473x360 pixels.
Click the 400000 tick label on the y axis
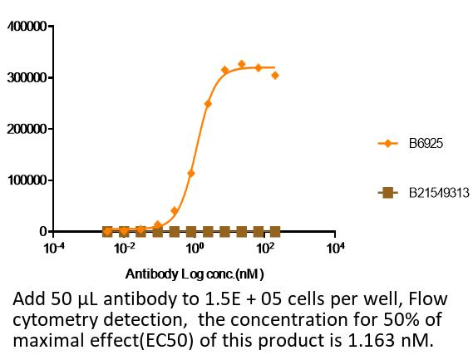[x=27, y=27]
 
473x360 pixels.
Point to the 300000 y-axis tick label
[x=27, y=78]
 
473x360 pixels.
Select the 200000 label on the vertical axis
[x=27, y=129]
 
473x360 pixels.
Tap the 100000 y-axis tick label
[x=27, y=180]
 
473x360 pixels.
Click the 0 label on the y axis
[x=43, y=232]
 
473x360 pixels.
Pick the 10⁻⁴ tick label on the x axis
[x=54, y=248]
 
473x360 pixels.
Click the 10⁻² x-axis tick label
[x=125, y=248]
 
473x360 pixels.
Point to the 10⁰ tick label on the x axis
[x=195, y=248]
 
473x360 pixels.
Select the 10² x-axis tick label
[x=264, y=248]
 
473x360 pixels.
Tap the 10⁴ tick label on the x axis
[x=335, y=248]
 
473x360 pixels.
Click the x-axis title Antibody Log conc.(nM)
[x=195, y=274]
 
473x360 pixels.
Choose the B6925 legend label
[x=426, y=143]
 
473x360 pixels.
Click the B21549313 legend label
[x=439, y=193]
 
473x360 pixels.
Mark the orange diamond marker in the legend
[x=387, y=143]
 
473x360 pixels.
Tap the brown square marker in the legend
[x=387, y=193]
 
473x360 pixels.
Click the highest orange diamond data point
[x=241, y=64]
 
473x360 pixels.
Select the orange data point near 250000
[x=208, y=104]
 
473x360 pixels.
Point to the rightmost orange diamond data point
[x=275, y=76]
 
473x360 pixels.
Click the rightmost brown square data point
[x=275, y=232]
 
